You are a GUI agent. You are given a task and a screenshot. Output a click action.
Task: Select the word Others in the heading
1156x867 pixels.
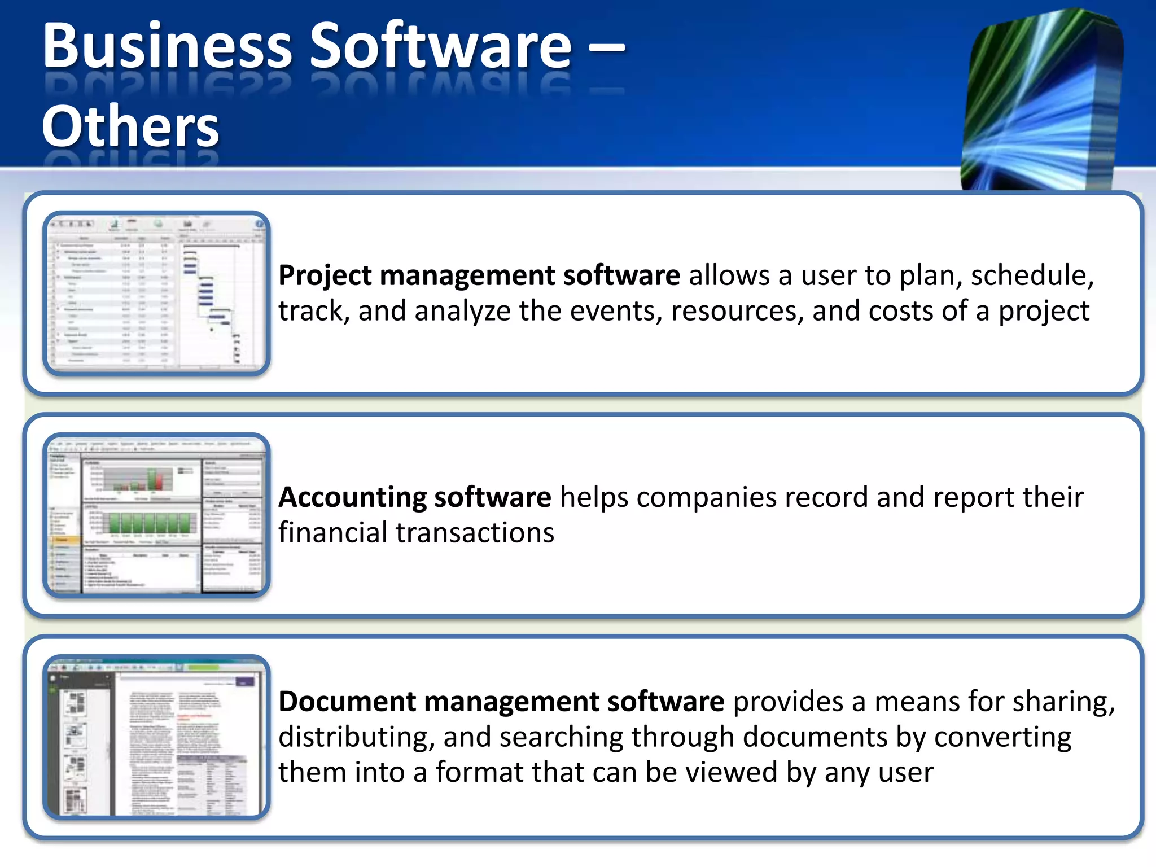[130, 126]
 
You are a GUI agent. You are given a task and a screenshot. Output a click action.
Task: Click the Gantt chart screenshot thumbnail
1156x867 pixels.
[156, 294]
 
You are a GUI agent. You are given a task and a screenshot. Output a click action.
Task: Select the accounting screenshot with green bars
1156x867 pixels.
[156, 515]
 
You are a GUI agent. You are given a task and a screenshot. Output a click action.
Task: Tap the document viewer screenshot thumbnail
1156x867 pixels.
[156, 737]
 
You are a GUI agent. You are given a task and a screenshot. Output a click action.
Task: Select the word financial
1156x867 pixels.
[332, 532]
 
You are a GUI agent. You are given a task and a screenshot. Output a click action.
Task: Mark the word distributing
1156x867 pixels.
[356, 737]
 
